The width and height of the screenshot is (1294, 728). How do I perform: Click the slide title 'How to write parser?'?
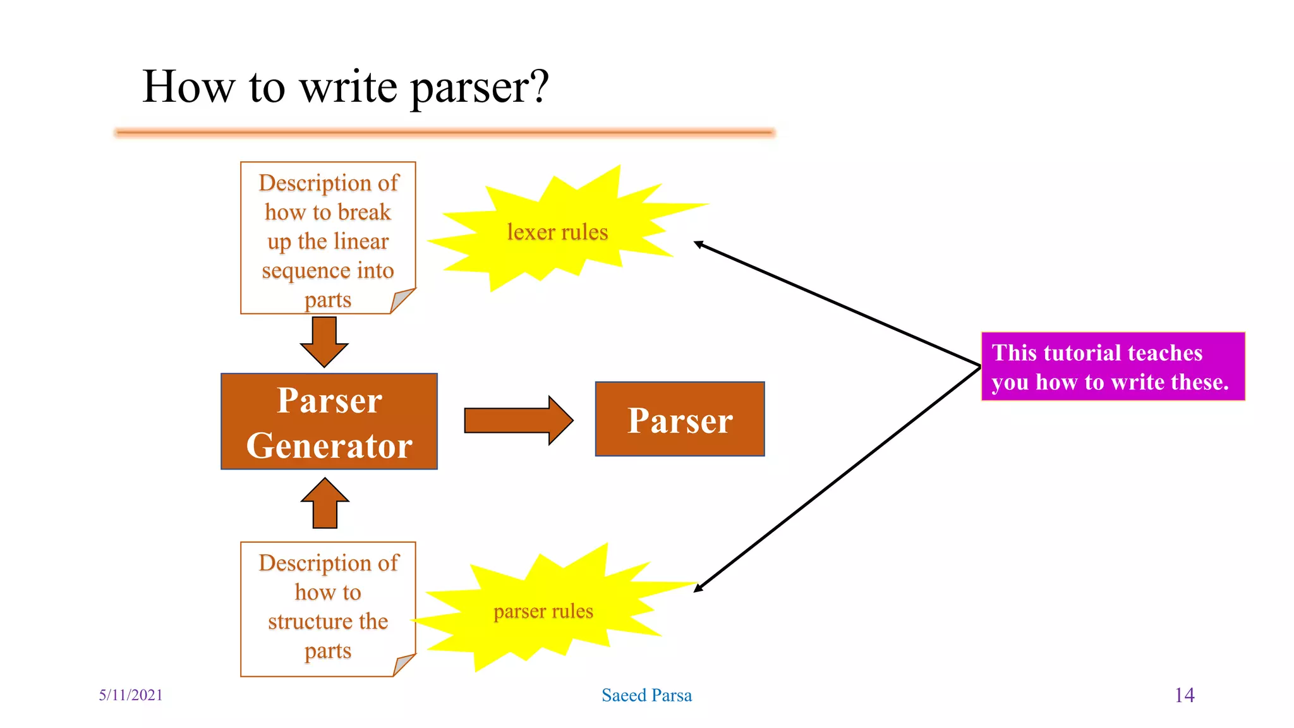click(x=345, y=87)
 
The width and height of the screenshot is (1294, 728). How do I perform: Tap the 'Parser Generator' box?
click(x=329, y=421)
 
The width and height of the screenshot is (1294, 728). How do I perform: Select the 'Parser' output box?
click(x=680, y=420)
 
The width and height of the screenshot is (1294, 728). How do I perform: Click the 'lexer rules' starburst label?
click(x=557, y=232)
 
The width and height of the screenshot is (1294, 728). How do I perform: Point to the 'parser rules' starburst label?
click(x=543, y=611)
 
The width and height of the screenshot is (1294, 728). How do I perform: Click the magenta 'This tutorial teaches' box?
click(x=1112, y=367)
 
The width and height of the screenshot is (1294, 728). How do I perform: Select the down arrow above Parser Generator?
click(x=324, y=341)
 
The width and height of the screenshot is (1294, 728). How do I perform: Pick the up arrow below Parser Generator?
click(x=325, y=504)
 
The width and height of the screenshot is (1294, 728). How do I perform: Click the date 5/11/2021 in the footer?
click(x=131, y=695)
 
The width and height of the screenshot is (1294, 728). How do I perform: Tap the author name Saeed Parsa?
click(x=646, y=695)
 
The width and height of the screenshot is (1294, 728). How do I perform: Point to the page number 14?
click(x=1184, y=695)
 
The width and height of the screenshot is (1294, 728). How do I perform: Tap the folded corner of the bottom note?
click(x=403, y=664)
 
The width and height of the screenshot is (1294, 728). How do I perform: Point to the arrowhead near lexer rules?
click(x=698, y=244)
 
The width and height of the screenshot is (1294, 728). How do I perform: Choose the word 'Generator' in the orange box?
click(x=329, y=446)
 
